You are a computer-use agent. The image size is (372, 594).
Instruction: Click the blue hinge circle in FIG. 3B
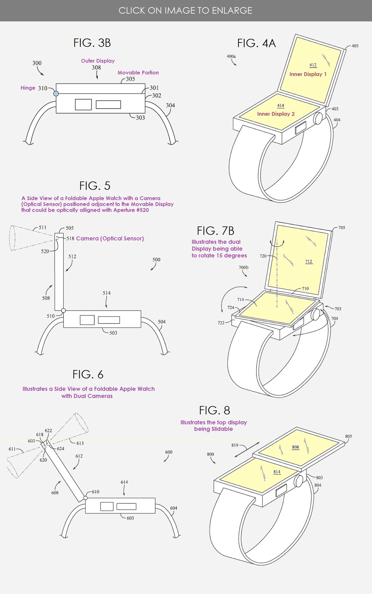tap(56, 94)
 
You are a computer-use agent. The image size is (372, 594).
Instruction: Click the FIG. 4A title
tap(256, 43)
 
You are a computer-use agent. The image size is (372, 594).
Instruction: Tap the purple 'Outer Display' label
tap(98, 61)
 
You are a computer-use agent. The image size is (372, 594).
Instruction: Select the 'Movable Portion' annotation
tap(138, 73)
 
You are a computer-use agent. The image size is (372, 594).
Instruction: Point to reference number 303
tap(140, 118)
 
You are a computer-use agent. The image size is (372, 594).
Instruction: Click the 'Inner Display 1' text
tap(308, 74)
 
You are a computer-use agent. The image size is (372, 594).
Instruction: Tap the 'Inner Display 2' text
tap(276, 114)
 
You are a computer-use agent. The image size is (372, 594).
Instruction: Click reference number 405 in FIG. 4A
tap(355, 46)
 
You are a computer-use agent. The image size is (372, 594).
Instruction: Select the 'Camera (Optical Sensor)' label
tap(110, 239)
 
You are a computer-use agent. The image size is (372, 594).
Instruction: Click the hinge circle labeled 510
tap(63, 310)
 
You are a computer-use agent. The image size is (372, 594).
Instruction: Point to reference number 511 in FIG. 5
tap(42, 227)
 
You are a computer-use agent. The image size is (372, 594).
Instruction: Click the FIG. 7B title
tap(215, 231)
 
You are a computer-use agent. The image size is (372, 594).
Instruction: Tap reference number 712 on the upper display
tap(308, 262)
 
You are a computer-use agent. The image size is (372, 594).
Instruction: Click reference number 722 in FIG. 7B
tap(221, 323)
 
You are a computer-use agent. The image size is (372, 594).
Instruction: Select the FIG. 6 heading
tap(88, 375)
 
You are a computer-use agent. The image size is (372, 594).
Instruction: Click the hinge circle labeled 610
tap(85, 498)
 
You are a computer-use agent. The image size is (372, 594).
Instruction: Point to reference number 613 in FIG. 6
tap(80, 443)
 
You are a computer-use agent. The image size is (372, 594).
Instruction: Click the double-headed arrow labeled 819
tap(247, 450)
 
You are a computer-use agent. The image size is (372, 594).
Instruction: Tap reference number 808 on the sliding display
tap(295, 447)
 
